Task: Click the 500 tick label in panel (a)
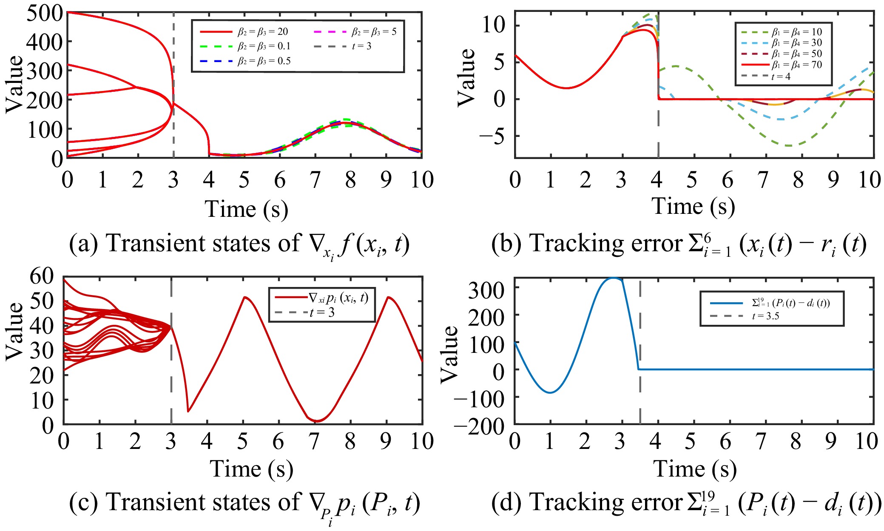[45, 13]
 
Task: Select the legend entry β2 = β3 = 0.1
[264, 46]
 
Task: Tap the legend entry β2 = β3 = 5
[374, 31]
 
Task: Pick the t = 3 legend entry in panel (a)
[361, 46]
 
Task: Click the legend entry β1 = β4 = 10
[797, 32]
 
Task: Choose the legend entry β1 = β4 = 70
[797, 65]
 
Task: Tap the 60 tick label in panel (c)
[42, 276]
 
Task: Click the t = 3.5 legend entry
[765, 316]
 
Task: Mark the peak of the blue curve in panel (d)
[612, 278]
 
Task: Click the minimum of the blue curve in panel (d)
[550, 392]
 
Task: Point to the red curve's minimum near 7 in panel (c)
[317, 421]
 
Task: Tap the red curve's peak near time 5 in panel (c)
[244, 297]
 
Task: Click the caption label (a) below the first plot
[84, 244]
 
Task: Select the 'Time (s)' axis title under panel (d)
[694, 469]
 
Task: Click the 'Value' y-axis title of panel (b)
[466, 77]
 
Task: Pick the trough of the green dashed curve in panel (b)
[789, 146]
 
